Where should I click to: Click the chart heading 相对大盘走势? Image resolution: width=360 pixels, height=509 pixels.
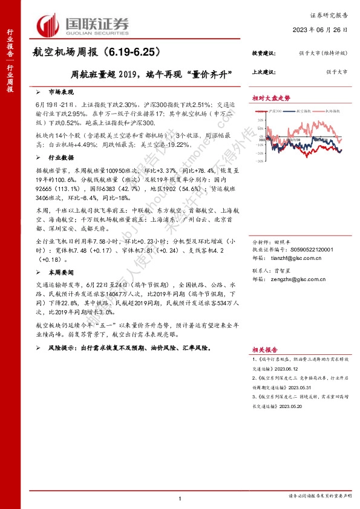coord(271,98)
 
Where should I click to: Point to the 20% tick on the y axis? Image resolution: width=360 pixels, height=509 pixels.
coord(258,120)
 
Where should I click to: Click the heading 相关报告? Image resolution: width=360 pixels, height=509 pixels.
coord(265,349)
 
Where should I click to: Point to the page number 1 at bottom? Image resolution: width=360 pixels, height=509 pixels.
coord(180,498)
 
